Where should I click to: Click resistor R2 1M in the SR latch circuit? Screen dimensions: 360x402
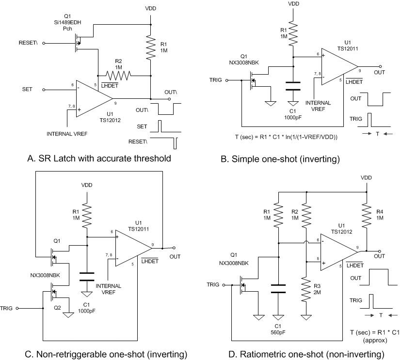tap(117, 75)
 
